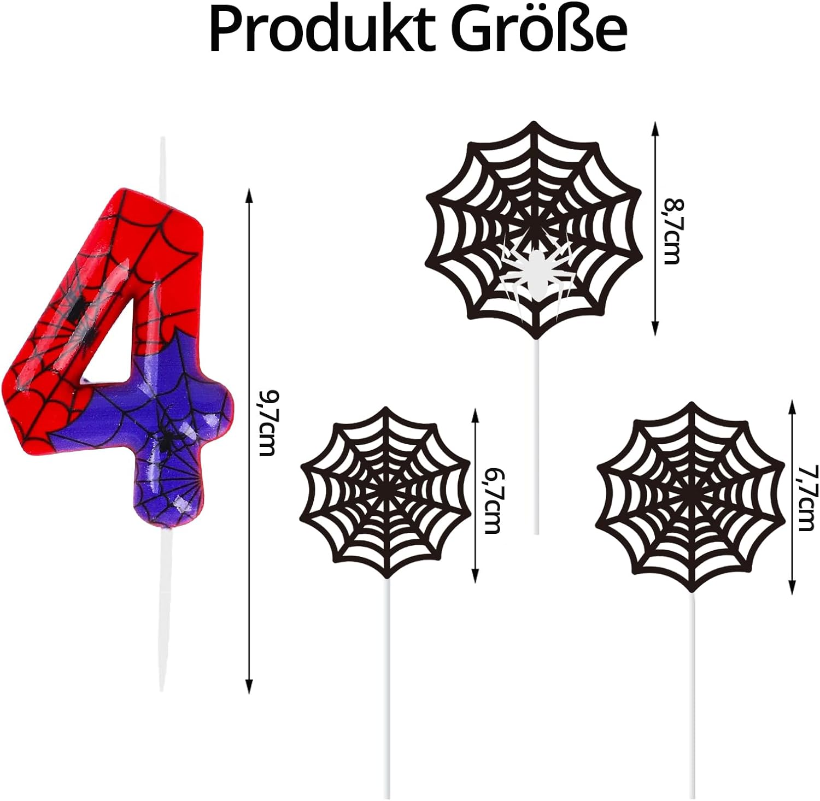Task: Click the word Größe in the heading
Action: [541, 30]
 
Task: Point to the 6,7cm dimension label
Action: [492, 500]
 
